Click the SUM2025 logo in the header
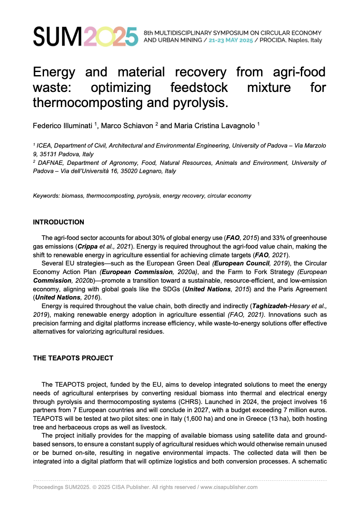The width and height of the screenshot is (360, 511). (85, 36)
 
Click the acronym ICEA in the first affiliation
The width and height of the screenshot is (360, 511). (44, 146)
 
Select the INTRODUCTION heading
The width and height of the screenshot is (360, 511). (59, 222)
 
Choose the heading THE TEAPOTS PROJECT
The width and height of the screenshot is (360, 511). (73, 358)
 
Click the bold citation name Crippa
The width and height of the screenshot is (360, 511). (87, 246)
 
